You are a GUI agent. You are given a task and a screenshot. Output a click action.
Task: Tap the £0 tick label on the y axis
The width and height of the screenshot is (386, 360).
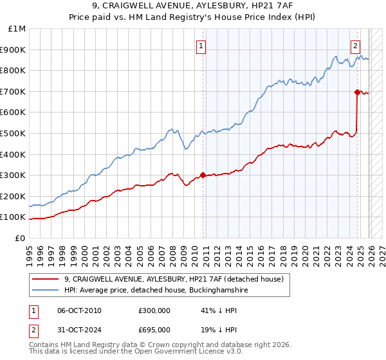(20, 238)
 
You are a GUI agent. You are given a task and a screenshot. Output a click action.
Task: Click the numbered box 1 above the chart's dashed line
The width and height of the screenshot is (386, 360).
(202, 46)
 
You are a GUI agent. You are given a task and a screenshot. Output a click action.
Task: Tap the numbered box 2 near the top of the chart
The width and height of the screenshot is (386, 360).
(355, 46)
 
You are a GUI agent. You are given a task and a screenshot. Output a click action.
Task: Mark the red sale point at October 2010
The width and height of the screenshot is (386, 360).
(203, 175)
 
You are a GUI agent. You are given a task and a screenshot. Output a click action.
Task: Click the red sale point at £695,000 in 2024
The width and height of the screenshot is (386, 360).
(357, 93)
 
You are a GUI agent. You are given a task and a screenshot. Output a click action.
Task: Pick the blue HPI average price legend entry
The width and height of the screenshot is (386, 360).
(151, 291)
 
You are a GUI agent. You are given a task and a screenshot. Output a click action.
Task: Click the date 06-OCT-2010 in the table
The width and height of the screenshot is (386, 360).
(79, 310)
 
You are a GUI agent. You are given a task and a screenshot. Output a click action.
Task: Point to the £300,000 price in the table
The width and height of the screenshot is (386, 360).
(154, 310)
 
